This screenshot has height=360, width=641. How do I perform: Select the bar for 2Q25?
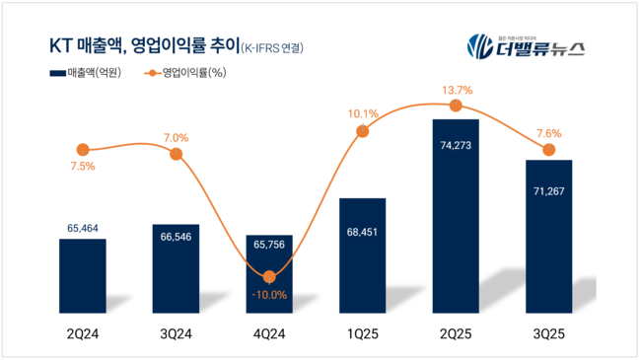456,207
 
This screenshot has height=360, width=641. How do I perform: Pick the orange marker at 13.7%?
456,106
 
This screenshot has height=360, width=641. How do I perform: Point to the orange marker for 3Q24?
176,154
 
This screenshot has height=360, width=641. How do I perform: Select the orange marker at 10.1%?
362,131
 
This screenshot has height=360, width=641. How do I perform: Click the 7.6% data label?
549,133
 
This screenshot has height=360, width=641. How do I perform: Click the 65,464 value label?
83,228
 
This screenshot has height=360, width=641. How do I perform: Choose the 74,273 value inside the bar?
456,143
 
